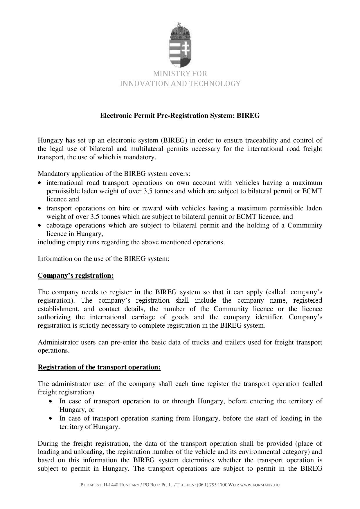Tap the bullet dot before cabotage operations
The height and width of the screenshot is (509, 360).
pyautogui.click(x=40, y=226)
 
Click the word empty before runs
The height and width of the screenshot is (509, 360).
pyautogui.click(x=73, y=242)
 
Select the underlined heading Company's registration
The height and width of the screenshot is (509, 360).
pyautogui.click(x=75, y=275)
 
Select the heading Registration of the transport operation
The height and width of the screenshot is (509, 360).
pyautogui.click(x=99, y=367)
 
